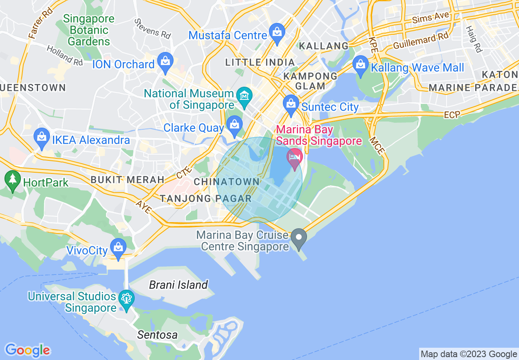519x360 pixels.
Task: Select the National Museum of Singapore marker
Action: [245, 97]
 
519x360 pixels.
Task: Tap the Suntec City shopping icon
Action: [291, 104]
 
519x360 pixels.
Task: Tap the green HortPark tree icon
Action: [13, 180]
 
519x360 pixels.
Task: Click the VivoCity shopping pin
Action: [118, 247]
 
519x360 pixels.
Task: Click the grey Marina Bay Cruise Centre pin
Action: [299, 238]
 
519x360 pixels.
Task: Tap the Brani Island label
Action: [178, 285]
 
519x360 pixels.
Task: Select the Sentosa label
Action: [158, 335]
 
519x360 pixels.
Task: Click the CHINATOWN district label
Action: [227, 182]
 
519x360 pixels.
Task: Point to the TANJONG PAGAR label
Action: [205, 199]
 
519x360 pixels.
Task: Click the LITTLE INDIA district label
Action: [260, 62]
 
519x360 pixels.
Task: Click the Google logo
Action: [27, 350]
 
